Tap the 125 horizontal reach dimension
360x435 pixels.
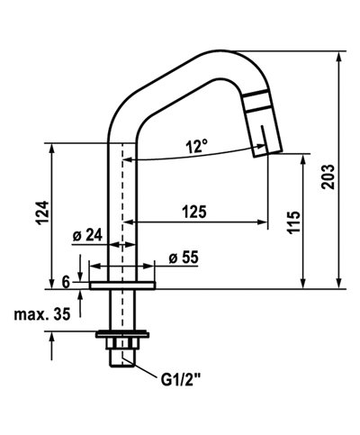click(193, 213)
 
